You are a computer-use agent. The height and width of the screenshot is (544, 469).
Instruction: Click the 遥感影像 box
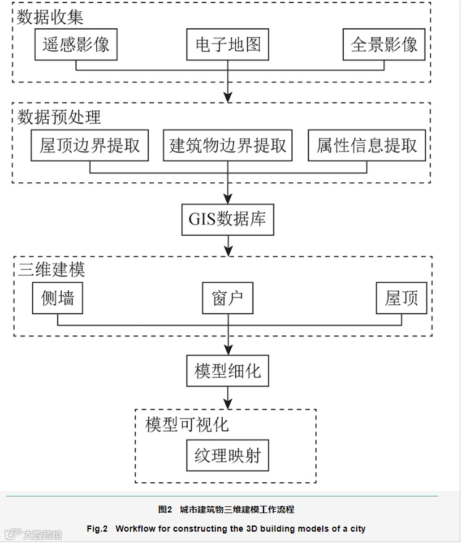[76, 44]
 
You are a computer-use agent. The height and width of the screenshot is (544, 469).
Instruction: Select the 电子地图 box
[228, 44]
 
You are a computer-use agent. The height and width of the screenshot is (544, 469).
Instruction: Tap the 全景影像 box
[384, 44]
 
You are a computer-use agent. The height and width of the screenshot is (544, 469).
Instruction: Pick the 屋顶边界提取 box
[90, 145]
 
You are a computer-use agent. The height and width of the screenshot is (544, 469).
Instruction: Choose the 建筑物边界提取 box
[228, 145]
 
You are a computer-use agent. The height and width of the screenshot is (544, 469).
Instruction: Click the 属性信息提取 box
[367, 145]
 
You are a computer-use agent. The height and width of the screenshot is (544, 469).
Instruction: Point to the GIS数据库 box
[227, 219]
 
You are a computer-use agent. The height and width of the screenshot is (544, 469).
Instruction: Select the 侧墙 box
[57, 298]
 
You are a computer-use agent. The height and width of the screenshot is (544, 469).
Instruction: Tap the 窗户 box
[228, 298]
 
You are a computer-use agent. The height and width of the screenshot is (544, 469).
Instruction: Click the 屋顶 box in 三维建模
[401, 298]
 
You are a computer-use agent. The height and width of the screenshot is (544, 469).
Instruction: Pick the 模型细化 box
[228, 370]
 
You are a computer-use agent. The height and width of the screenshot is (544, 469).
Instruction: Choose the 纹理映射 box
[228, 456]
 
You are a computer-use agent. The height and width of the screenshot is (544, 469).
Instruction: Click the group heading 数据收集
[50, 16]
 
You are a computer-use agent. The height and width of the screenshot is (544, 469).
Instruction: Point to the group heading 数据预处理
[59, 117]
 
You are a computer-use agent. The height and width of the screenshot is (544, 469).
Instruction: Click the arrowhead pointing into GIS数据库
[228, 199]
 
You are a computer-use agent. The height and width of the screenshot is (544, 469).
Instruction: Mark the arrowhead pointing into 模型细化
[228, 350]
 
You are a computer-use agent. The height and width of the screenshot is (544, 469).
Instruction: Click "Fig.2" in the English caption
[97, 529]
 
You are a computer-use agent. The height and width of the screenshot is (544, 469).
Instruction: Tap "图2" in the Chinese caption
[165, 509]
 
